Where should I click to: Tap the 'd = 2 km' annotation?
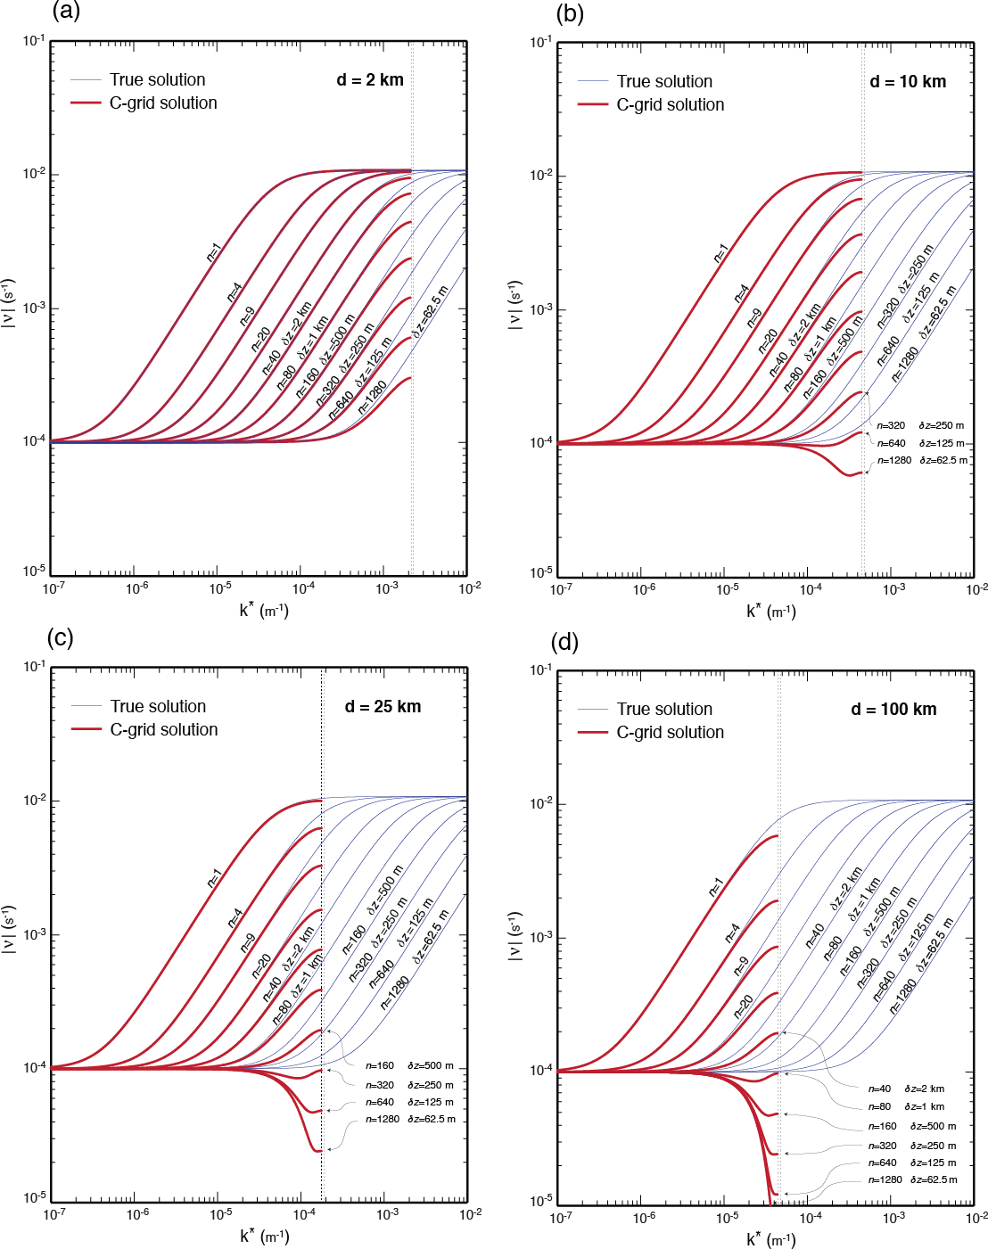[370, 80]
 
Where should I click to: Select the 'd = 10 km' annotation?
[908, 82]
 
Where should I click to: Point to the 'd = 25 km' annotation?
[383, 707]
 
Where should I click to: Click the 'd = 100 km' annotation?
[893, 710]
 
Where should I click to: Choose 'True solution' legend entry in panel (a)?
[157, 80]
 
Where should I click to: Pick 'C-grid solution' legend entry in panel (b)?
[670, 105]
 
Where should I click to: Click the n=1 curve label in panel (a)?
[213, 253]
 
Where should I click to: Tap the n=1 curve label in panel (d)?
[716, 887]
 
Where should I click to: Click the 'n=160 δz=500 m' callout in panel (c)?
[409, 1066]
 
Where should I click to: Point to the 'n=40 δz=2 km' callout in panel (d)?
[906, 1089]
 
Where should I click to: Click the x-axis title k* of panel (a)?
[264, 611]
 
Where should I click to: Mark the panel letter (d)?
[565, 642]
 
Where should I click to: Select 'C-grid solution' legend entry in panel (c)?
[163, 730]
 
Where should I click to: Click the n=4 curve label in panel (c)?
[235, 917]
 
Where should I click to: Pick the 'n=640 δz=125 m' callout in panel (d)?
[912, 1163]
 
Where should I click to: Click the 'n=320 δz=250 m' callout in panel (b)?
[920, 426]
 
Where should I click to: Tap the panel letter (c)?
[60, 637]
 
